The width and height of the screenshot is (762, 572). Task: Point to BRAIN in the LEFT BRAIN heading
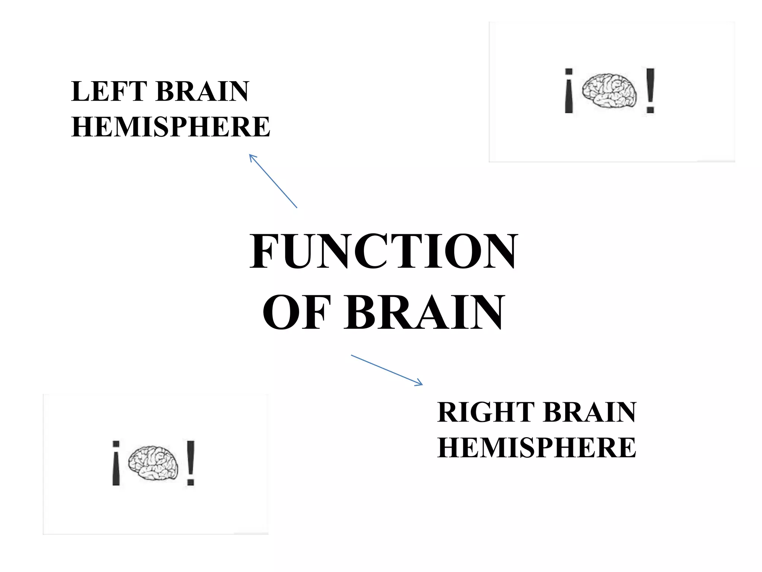click(202, 91)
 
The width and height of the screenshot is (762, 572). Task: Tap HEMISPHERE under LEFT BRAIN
click(170, 127)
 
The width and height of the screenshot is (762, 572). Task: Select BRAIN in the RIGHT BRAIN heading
click(590, 412)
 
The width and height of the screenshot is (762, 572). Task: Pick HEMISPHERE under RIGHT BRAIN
click(537, 447)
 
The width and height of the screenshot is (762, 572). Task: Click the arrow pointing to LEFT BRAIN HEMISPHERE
click(273, 181)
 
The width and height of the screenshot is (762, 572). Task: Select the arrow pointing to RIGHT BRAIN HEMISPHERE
click(387, 370)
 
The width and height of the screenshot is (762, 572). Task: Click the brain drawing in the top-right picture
click(609, 91)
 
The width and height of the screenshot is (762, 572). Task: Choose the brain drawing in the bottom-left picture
click(153, 463)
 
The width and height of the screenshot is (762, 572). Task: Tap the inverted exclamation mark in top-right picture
click(569, 91)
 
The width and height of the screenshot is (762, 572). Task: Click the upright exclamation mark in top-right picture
click(650, 91)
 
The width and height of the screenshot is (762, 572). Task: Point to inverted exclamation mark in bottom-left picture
click(116, 463)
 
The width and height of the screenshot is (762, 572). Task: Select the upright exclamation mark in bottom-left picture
click(190, 463)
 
